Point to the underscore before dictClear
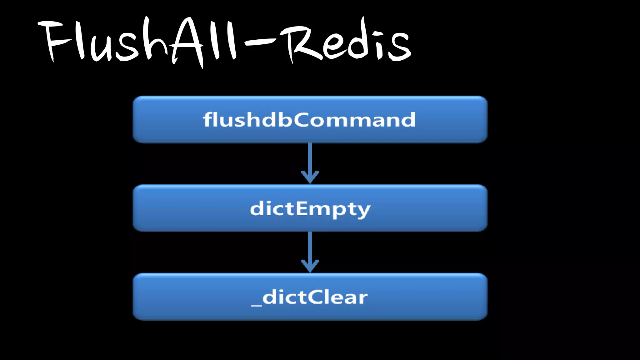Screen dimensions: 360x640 (257, 305)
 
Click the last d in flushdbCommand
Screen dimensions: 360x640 (408, 120)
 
